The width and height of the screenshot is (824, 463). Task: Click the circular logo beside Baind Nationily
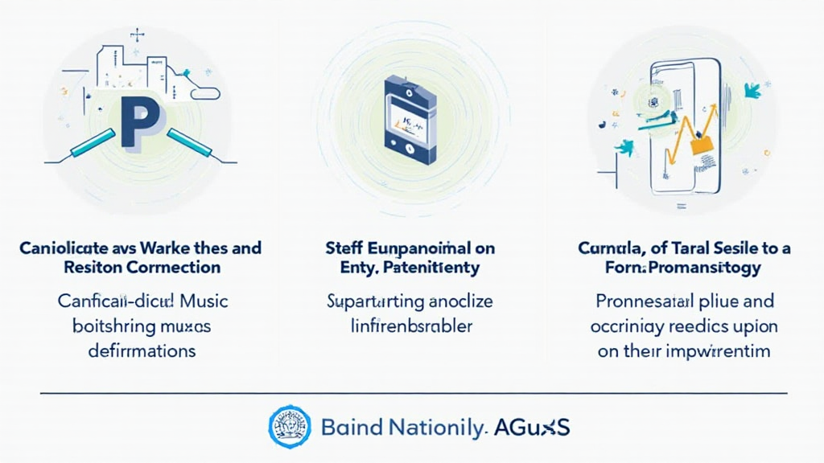pyautogui.click(x=290, y=426)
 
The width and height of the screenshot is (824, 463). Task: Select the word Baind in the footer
pyautogui.click(x=348, y=427)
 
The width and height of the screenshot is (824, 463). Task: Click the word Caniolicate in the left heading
pyautogui.click(x=61, y=248)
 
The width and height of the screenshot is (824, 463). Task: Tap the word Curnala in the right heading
pyautogui.click(x=612, y=248)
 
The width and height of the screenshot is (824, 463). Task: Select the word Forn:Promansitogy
pyautogui.click(x=683, y=268)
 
